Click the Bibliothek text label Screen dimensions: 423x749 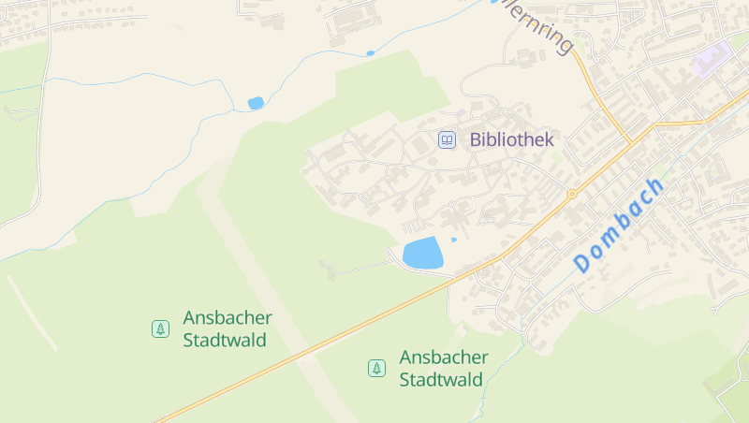click(x=511, y=140)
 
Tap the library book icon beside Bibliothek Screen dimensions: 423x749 click(x=448, y=140)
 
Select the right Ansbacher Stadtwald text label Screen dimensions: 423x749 click(x=442, y=369)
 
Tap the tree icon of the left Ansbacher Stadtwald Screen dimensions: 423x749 click(x=160, y=328)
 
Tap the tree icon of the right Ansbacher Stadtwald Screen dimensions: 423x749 click(x=376, y=369)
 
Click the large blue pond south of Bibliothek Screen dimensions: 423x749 click(x=422, y=253)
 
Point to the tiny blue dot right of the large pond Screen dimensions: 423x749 click(x=454, y=240)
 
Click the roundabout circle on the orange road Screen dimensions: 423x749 click(x=571, y=195)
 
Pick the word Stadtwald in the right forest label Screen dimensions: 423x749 click(x=441, y=380)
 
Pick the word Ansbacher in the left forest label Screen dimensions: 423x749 click(x=228, y=317)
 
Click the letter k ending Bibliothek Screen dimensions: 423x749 click(x=549, y=140)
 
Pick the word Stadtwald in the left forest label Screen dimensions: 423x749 click(x=226, y=340)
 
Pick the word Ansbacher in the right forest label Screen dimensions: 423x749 click(x=444, y=357)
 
